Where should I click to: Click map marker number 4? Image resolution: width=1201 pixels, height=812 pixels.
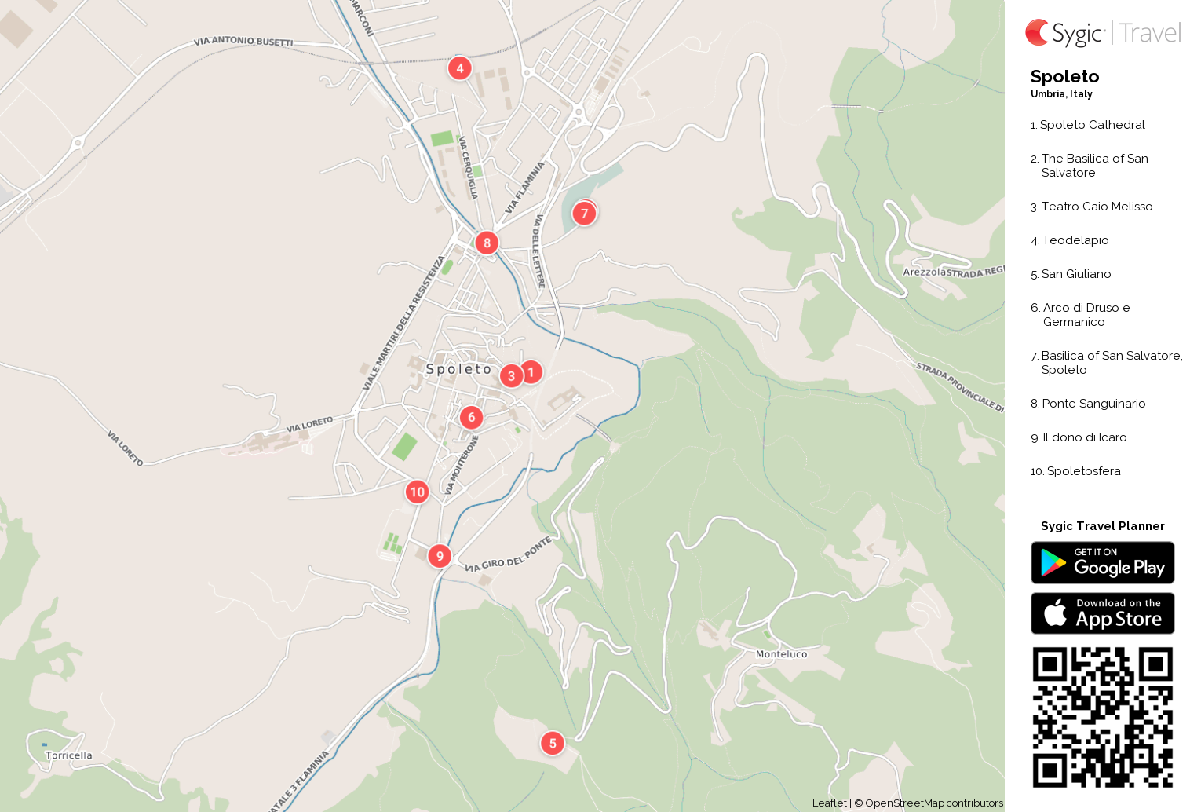pyautogui.click(x=460, y=68)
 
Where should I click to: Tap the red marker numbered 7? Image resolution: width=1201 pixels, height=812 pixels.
pyautogui.click(x=584, y=213)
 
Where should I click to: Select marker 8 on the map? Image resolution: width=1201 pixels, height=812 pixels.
pyautogui.click(x=487, y=243)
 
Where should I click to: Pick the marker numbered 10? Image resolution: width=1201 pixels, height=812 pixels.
pyautogui.click(x=417, y=492)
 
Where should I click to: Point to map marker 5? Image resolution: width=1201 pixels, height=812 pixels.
pyautogui.click(x=553, y=743)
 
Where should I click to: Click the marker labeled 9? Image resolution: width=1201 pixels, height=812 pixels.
pyautogui.click(x=440, y=556)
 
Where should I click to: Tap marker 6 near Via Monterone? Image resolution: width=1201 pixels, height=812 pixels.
pyautogui.click(x=471, y=417)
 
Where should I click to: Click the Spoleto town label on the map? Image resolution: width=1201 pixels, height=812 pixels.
pyautogui.click(x=458, y=369)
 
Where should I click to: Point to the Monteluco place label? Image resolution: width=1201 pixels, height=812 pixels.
pyautogui.click(x=781, y=654)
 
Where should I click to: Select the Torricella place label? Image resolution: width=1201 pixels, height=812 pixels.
pyautogui.click(x=69, y=755)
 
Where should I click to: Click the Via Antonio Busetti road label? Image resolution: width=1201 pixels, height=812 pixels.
pyautogui.click(x=243, y=41)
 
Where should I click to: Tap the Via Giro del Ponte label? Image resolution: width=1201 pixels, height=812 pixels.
pyautogui.click(x=508, y=556)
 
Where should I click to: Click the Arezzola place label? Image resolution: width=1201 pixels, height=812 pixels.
pyautogui.click(x=924, y=272)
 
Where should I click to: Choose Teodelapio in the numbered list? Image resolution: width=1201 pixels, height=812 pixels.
pyautogui.click(x=1075, y=240)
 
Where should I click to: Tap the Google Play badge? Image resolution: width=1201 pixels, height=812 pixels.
pyautogui.click(x=1102, y=563)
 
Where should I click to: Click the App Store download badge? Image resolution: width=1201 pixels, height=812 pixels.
pyautogui.click(x=1102, y=613)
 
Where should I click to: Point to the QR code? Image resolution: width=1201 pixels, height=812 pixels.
pyautogui.click(x=1102, y=717)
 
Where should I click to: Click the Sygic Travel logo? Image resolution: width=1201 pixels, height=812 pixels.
pyautogui.click(x=1102, y=33)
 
